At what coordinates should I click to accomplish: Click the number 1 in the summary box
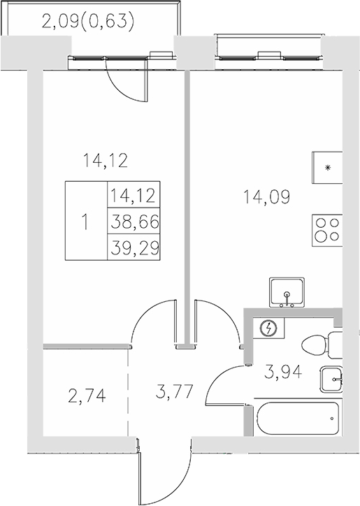85,222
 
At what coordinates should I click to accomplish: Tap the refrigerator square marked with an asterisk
327,167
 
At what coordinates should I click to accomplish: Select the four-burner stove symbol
327,230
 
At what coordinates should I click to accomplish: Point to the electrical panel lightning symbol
268,328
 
